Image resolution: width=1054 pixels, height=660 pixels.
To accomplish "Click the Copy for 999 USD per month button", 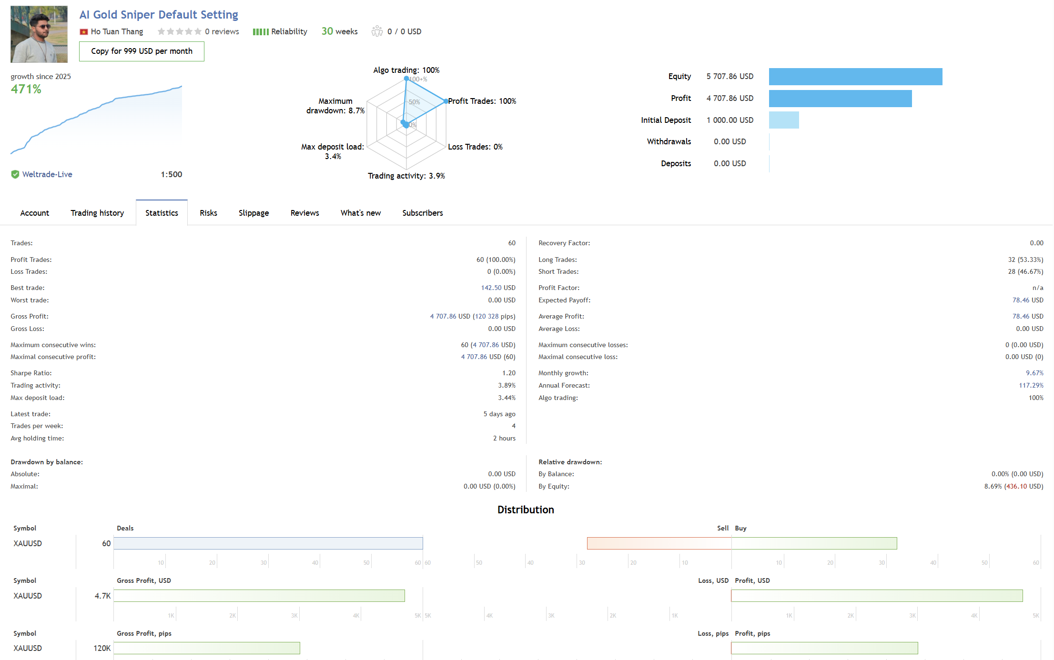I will pos(142,51).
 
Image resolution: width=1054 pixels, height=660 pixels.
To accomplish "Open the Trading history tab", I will pos(97,213).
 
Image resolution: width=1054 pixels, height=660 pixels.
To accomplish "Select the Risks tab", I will pos(208,213).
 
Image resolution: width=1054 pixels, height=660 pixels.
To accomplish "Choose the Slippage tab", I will pos(253,213).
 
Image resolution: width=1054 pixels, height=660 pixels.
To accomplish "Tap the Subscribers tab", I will pos(422,213).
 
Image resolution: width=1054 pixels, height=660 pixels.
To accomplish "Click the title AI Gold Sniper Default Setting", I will pos(159,15).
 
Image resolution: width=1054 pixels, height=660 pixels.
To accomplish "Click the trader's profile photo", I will pos(39,34).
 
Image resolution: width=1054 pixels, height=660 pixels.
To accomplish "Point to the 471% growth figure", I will pos(26,89).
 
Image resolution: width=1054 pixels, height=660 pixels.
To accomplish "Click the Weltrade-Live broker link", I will pos(47,174).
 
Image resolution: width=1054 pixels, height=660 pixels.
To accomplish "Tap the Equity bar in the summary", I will pos(855,77).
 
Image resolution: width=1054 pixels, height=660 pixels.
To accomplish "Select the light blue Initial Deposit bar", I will pos(784,120).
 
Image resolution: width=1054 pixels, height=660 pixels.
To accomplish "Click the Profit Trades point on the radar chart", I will pos(446,101).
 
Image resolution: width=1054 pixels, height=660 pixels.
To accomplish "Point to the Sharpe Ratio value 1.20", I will pos(508,373).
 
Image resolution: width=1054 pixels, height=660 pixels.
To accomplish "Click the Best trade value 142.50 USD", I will pos(498,288).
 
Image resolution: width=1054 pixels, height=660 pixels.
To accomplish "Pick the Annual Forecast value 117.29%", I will pos(1031,386).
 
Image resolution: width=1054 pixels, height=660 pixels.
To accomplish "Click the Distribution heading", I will pos(526,510).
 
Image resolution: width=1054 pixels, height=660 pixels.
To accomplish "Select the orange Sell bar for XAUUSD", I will pos(659,543).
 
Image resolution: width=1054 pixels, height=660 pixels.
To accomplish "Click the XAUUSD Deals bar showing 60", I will pos(268,543).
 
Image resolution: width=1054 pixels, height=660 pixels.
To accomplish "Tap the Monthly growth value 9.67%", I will pos(1034,373).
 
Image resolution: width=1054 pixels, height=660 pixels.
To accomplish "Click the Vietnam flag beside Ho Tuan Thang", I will pos(84,32).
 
